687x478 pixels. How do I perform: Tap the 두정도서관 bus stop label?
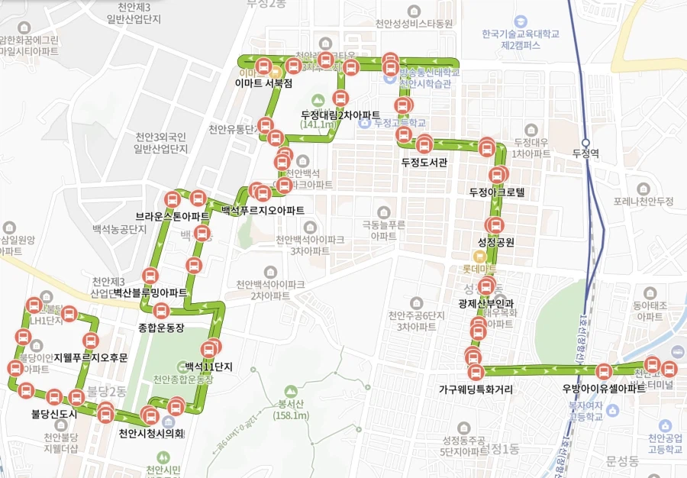pyautogui.click(x=424, y=162)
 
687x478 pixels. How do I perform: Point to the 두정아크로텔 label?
pyautogui.click(x=497, y=192)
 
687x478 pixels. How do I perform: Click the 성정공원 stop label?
pyautogui.click(x=496, y=243)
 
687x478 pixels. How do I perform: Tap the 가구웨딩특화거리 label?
pyautogui.click(x=476, y=389)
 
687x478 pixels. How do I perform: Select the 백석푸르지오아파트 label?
pyautogui.click(x=263, y=210)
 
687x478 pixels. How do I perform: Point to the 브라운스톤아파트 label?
pyautogui.click(x=173, y=216)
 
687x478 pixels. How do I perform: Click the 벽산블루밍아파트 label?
pyautogui.click(x=150, y=292)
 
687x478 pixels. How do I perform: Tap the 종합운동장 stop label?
pyautogui.click(x=162, y=328)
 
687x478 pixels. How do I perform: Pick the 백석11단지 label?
pyautogui.click(x=208, y=367)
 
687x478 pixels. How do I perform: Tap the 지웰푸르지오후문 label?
pyautogui.click(x=91, y=357)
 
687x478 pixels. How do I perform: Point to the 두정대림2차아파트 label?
pyautogui.click(x=340, y=115)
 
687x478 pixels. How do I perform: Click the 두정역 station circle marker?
pyautogui.click(x=586, y=142)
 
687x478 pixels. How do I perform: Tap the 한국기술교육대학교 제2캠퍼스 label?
pyautogui.click(x=521, y=40)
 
